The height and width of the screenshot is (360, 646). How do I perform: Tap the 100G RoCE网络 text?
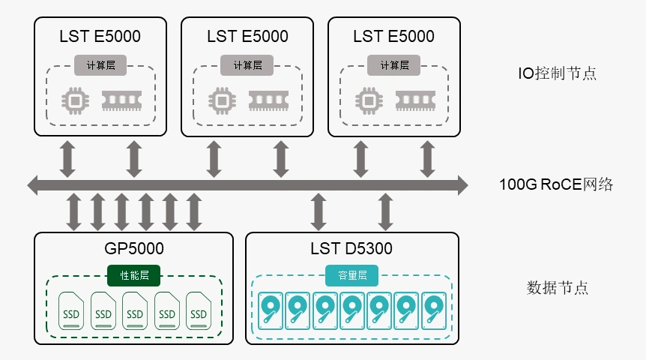556,184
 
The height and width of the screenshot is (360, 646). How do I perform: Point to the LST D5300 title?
351,249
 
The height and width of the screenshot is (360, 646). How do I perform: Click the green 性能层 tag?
135,275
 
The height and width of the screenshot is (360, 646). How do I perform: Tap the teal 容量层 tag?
351,275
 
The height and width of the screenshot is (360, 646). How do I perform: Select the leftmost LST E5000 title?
100,36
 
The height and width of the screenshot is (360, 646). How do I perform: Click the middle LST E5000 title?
247,36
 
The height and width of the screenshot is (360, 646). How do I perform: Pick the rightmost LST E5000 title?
393,36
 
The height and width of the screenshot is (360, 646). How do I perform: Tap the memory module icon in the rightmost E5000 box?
415,99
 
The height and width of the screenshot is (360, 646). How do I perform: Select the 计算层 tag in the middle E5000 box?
247,65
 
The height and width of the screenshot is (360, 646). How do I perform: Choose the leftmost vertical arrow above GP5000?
73,211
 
